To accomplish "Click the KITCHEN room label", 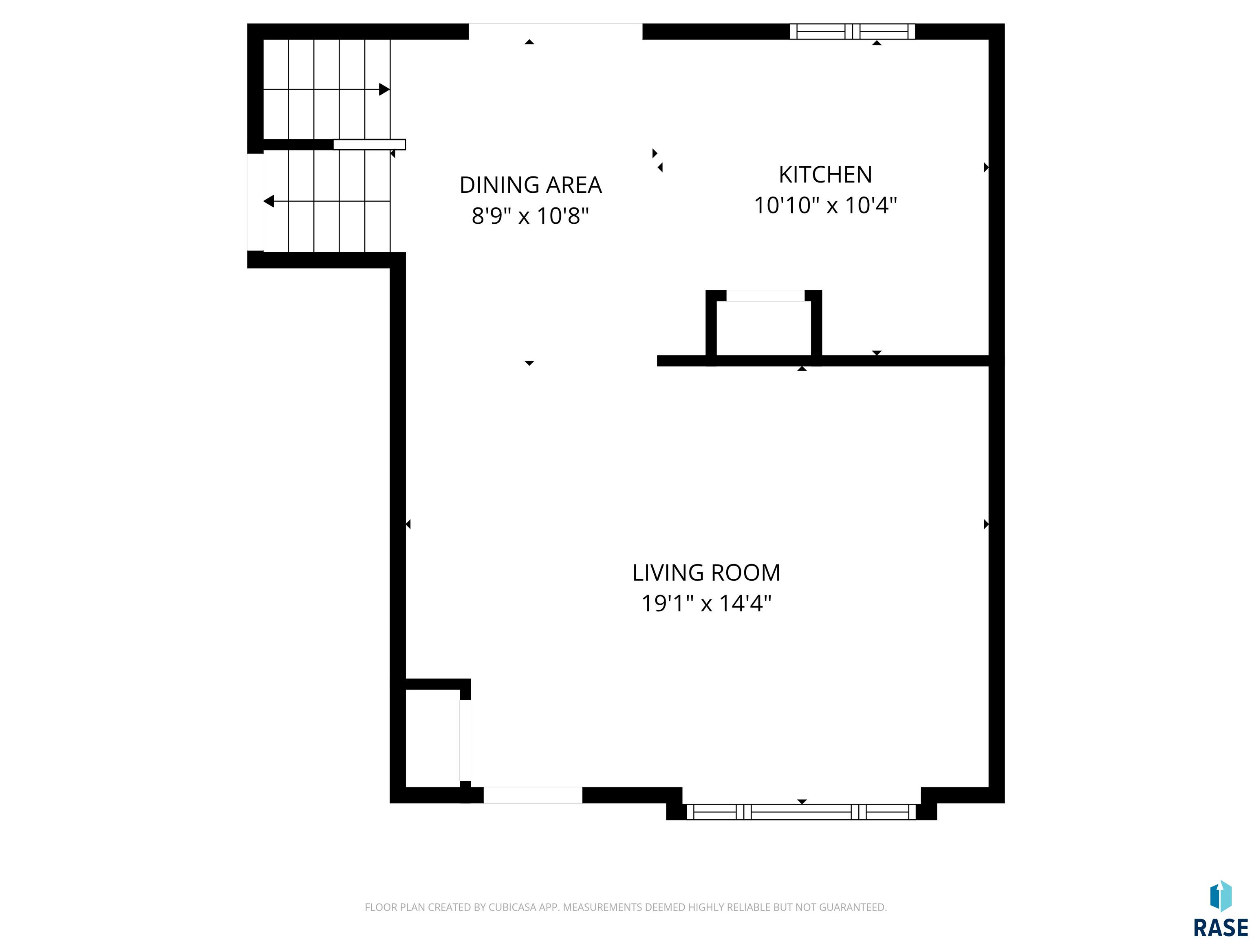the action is pos(825,175).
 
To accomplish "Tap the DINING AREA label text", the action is pos(530,185).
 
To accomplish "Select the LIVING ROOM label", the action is pos(706,573).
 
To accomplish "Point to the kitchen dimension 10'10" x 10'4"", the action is pos(825,205).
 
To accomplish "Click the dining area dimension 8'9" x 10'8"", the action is pos(530,216).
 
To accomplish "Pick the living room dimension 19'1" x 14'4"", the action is pos(706,603).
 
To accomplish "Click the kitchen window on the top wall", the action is pos(853,32).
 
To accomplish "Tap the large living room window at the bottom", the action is pos(802,812).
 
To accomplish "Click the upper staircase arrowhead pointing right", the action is pos(384,89).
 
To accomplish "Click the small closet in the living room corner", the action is pos(432,738).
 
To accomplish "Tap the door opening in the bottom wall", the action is pos(533,795).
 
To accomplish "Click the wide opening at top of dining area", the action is pos(555,32).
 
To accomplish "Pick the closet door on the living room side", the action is pos(465,741).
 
